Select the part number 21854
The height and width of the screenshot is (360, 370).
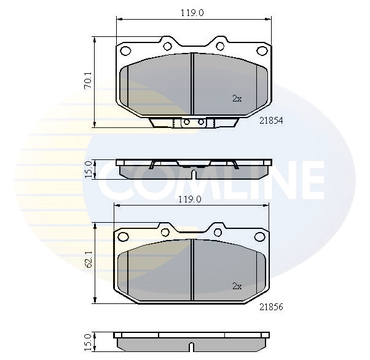click(x=271, y=121)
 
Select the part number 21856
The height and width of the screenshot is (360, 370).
click(x=271, y=307)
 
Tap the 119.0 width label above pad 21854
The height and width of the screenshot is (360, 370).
click(x=192, y=13)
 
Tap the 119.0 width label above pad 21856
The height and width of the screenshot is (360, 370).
click(x=190, y=199)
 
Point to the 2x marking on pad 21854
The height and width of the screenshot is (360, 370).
click(x=237, y=98)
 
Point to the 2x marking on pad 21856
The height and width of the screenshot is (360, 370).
click(x=237, y=286)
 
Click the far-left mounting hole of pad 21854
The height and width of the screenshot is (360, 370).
click(x=125, y=50)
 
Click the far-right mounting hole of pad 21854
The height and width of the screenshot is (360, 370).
click(x=262, y=51)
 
